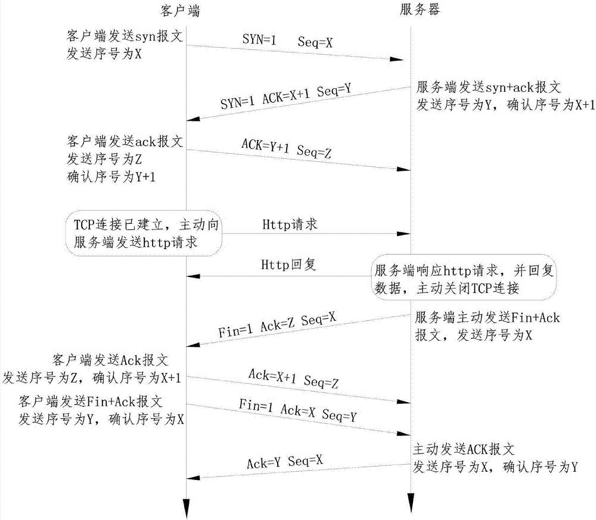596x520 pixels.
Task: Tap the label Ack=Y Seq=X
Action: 284,461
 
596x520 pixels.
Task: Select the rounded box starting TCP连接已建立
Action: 145,232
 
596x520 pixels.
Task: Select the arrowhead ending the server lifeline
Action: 411,505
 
